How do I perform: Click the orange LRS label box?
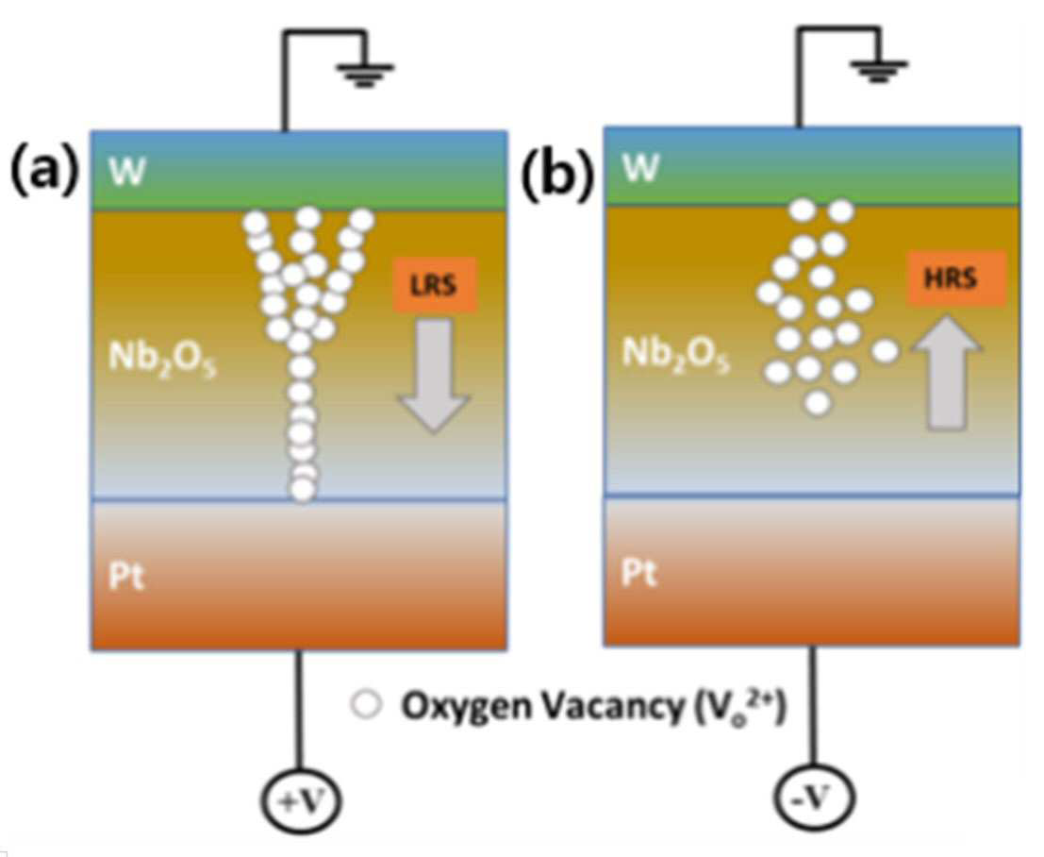click(x=435, y=284)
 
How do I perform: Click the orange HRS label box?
click(x=956, y=277)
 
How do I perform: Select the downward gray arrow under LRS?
click(x=435, y=376)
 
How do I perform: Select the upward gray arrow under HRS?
click(x=946, y=372)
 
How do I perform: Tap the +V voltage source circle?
click(x=299, y=799)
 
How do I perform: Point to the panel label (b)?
click(x=556, y=176)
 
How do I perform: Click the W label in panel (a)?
click(x=127, y=171)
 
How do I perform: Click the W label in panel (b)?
click(x=640, y=167)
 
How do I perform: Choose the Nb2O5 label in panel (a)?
click(x=162, y=360)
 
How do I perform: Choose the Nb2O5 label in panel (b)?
click(x=675, y=354)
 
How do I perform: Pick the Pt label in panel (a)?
click(x=126, y=575)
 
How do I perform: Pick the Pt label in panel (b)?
click(x=639, y=572)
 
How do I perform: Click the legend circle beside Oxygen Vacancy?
click(x=367, y=706)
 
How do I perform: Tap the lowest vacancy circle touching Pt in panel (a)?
click(x=303, y=490)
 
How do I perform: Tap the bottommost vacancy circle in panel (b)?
click(x=818, y=402)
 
